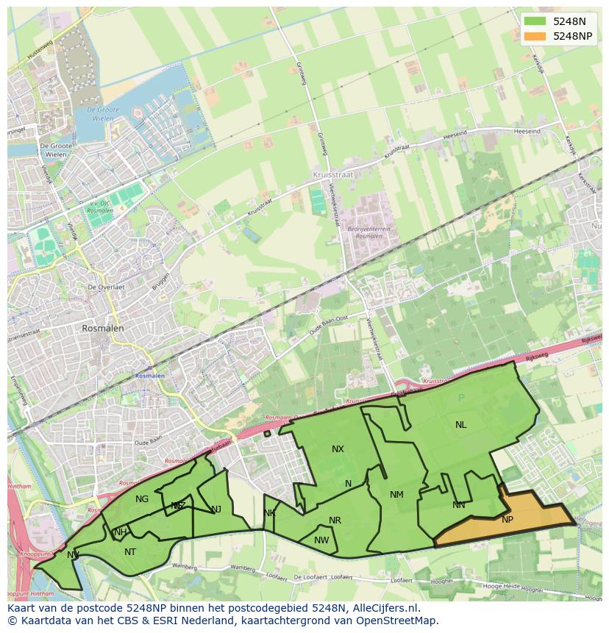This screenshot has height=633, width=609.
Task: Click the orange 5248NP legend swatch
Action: pyautogui.click(x=535, y=36)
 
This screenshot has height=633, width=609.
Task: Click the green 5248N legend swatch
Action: pyautogui.click(x=535, y=21)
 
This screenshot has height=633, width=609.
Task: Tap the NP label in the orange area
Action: pyautogui.click(x=508, y=520)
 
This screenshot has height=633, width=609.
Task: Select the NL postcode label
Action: pyautogui.click(x=460, y=425)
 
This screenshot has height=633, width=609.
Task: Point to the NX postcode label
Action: pyautogui.click(x=338, y=449)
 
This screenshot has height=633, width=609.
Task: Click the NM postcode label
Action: pyautogui.click(x=396, y=495)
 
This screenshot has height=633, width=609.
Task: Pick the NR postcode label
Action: pyautogui.click(x=335, y=521)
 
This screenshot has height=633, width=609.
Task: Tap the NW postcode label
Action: pyautogui.click(x=321, y=540)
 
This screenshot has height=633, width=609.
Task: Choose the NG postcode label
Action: pyautogui.click(x=142, y=499)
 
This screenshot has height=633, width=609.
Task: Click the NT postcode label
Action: pyautogui.click(x=130, y=552)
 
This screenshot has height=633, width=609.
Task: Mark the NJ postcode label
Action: pyautogui.click(x=216, y=509)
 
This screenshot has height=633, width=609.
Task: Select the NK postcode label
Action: pyautogui.click(x=269, y=513)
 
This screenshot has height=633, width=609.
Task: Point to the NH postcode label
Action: pyautogui.click(x=121, y=532)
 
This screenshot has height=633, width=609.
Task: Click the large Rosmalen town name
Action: pyautogui.click(x=103, y=329)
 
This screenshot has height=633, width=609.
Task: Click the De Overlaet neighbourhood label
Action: pyautogui.click(x=105, y=287)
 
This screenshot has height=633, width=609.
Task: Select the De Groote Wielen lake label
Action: pyautogui.click(x=102, y=113)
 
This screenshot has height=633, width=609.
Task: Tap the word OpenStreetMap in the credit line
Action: pyautogui.click(x=397, y=621)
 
